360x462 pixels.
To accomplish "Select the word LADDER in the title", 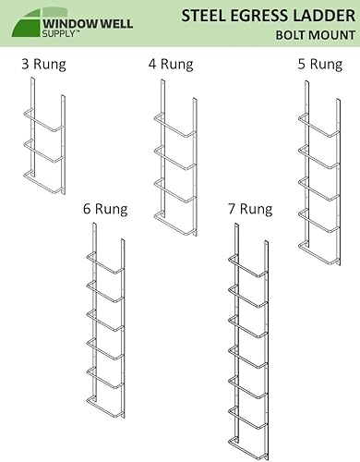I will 322,15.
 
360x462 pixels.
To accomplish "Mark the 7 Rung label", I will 249,209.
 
